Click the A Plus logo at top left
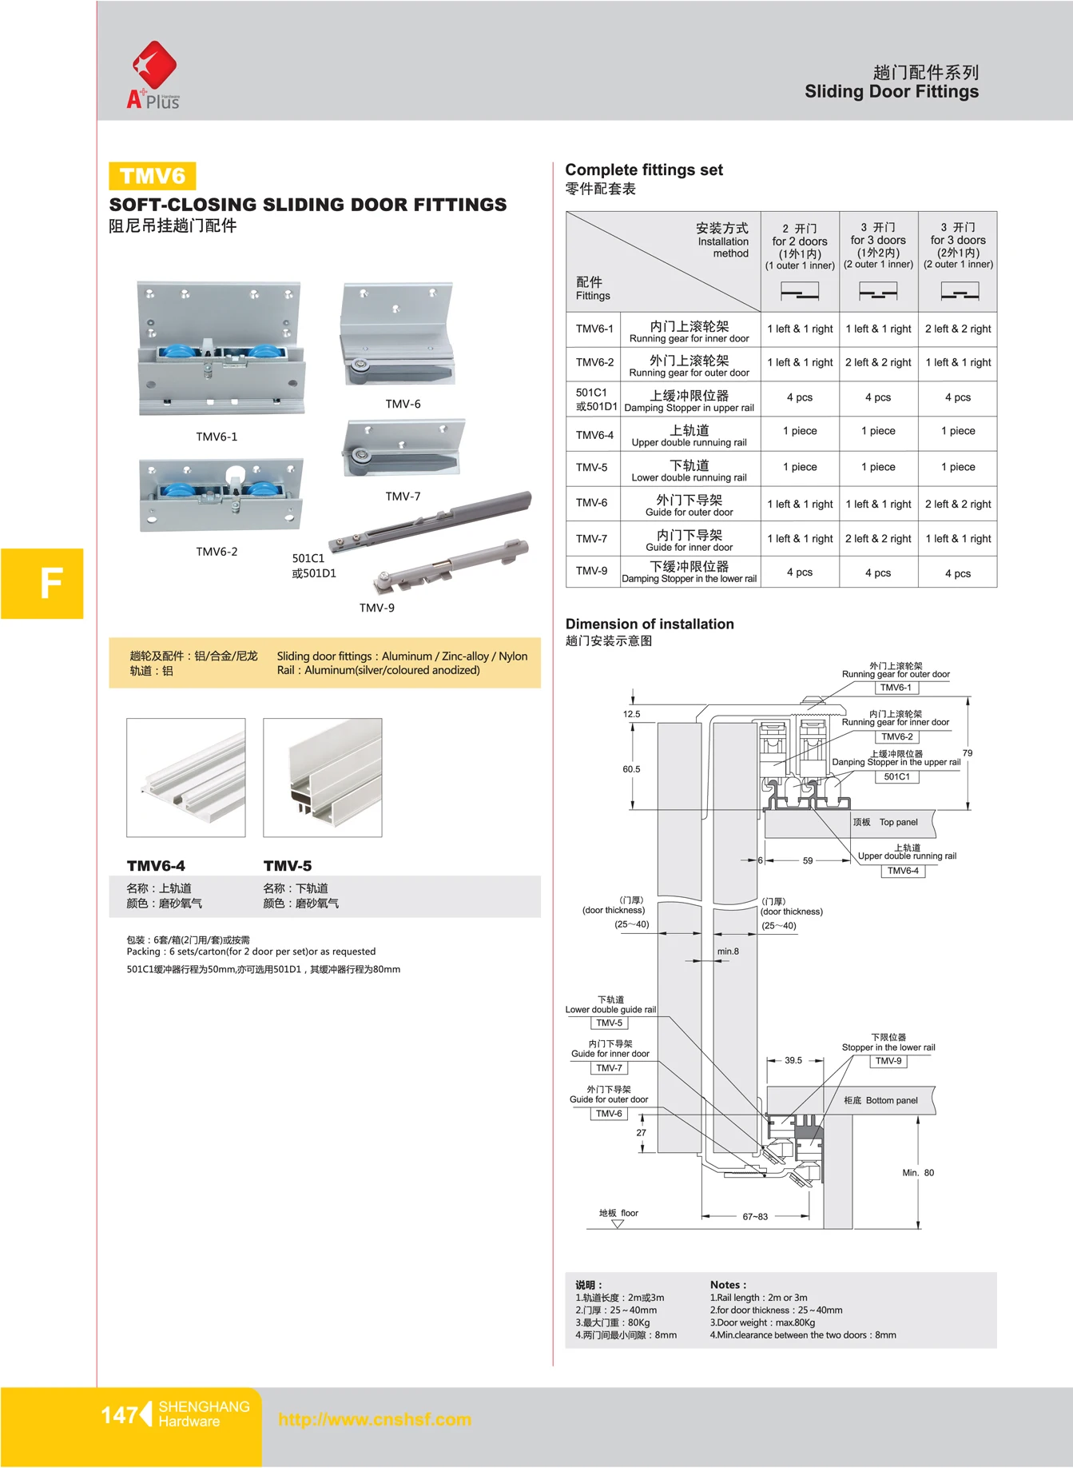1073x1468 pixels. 153,75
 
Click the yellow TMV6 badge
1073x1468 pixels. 152,176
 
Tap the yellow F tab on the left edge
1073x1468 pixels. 42,583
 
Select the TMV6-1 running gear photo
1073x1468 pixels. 221,349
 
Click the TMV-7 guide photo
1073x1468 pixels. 402,448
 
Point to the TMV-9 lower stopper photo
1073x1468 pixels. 447,568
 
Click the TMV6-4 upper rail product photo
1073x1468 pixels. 186,777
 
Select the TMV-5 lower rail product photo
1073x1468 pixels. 323,777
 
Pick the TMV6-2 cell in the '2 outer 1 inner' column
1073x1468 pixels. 958,362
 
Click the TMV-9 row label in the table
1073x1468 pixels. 592,571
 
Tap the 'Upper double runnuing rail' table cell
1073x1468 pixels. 689,436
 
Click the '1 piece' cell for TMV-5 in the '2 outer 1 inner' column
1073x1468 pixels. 958,467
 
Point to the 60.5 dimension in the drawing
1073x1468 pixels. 631,769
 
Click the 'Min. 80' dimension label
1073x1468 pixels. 917,1173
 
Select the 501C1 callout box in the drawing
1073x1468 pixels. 896,776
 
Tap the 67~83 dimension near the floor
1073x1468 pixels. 755,1217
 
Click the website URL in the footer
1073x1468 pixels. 375,1420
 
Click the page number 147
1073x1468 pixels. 119,1415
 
